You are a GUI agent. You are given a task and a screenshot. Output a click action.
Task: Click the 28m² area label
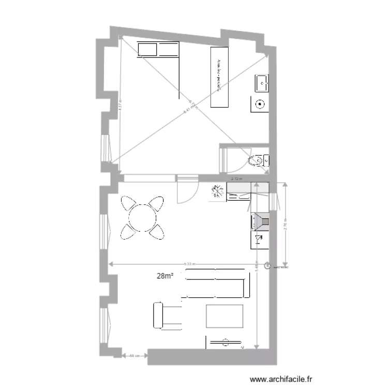click(x=165, y=276)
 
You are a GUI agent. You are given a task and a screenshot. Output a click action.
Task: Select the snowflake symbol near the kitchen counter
click(x=217, y=191)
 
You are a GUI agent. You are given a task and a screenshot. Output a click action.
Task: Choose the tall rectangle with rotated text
click(x=219, y=77)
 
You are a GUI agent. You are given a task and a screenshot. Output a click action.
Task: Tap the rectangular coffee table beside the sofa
click(x=225, y=316)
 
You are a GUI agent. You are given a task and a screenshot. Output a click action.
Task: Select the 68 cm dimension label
click(x=134, y=355)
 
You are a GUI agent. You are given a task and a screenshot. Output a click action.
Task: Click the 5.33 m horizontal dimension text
click(x=190, y=264)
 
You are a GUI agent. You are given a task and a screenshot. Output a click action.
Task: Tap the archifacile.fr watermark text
click(x=281, y=379)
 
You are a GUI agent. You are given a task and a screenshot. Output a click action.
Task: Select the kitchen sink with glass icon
click(x=259, y=240)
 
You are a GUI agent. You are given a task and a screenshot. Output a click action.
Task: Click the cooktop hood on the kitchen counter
click(x=260, y=221)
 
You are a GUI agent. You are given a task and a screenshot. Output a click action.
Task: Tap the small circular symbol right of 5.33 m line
click(x=267, y=266)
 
